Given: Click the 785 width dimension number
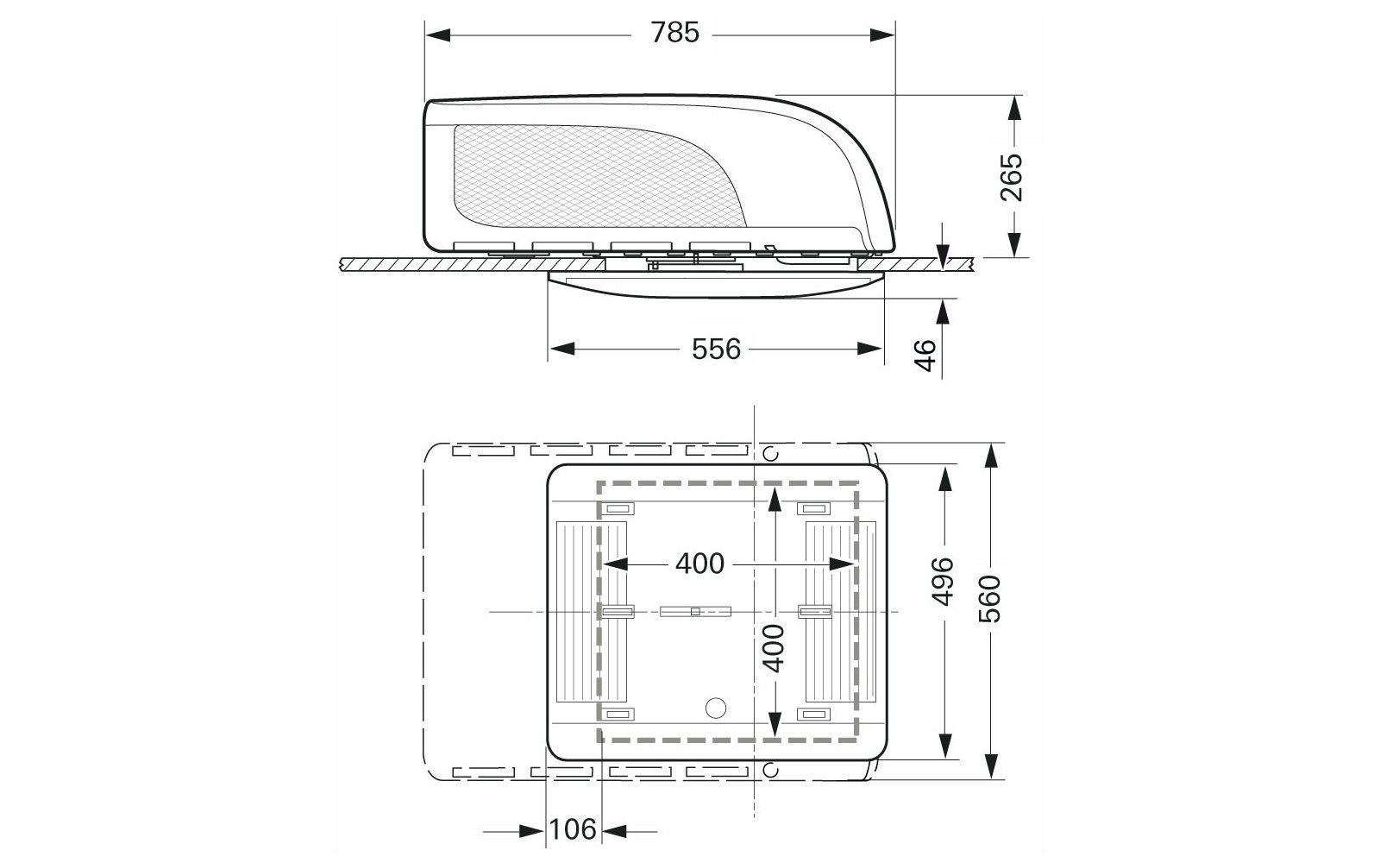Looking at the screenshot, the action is pyautogui.click(x=675, y=33).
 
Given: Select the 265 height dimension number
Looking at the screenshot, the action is pyautogui.click(x=1011, y=178).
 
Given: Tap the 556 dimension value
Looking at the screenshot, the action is pyautogui.click(x=716, y=349).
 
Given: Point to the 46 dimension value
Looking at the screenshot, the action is pyautogui.click(x=925, y=356).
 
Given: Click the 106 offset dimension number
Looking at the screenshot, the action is pyautogui.click(x=573, y=829).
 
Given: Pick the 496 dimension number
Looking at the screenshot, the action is pyautogui.click(x=943, y=582).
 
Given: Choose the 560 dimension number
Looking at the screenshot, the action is pyautogui.click(x=990, y=599).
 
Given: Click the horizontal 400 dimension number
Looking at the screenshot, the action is pyautogui.click(x=699, y=564).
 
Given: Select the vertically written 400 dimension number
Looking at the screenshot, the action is pyautogui.click(x=774, y=648).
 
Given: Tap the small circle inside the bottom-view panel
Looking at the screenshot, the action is pyautogui.click(x=715, y=708).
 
